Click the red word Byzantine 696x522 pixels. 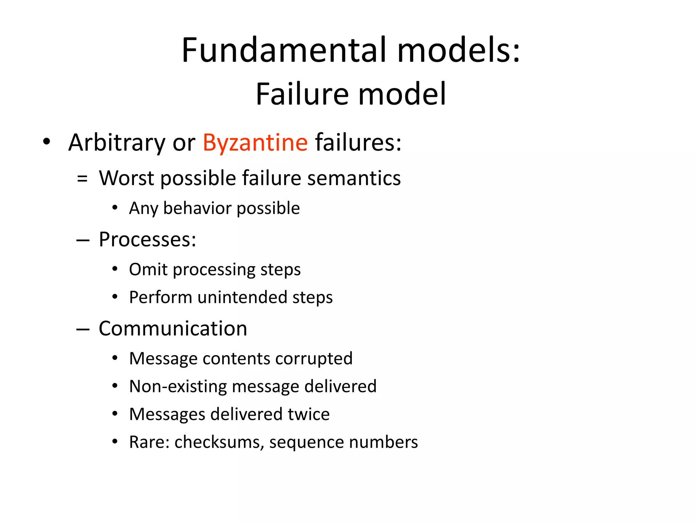[x=255, y=143]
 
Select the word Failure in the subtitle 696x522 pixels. [x=302, y=94]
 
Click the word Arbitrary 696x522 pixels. [x=117, y=143]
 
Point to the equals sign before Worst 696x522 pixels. [x=82, y=178]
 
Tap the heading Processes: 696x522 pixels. [x=147, y=239]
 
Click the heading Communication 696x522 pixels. [x=173, y=329]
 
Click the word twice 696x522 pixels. [x=309, y=414]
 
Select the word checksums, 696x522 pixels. [x=219, y=442]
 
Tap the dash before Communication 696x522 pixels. [x=83, y=329]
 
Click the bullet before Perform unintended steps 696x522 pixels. [x=115, y=297]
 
